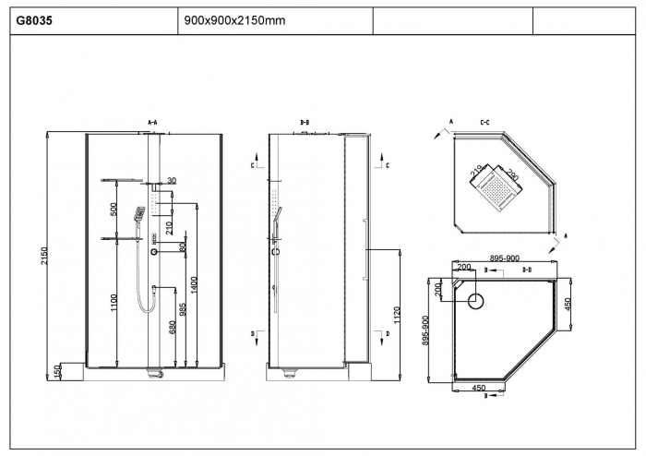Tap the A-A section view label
153,122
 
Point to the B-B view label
305,122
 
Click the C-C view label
484,122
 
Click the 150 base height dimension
57,371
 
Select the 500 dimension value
115,209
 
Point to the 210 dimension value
168,227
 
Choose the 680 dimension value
172,328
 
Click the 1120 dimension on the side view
397,313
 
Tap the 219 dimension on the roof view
477,170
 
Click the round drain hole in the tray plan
476,301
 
